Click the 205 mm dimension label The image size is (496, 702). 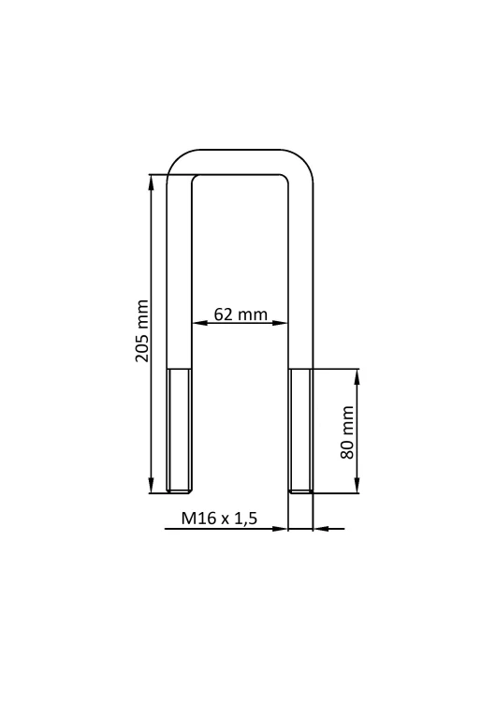pos(142,330)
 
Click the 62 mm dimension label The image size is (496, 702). pos(241,314)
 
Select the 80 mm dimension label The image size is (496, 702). pos(347,432)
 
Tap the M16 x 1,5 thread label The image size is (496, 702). pos(219,519)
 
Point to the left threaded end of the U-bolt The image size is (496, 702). pos(180,431)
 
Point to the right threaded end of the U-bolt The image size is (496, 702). pos(300,431)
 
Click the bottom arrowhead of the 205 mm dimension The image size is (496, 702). pos(152,485)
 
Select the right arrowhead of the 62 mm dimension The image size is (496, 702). pos(279,323)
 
